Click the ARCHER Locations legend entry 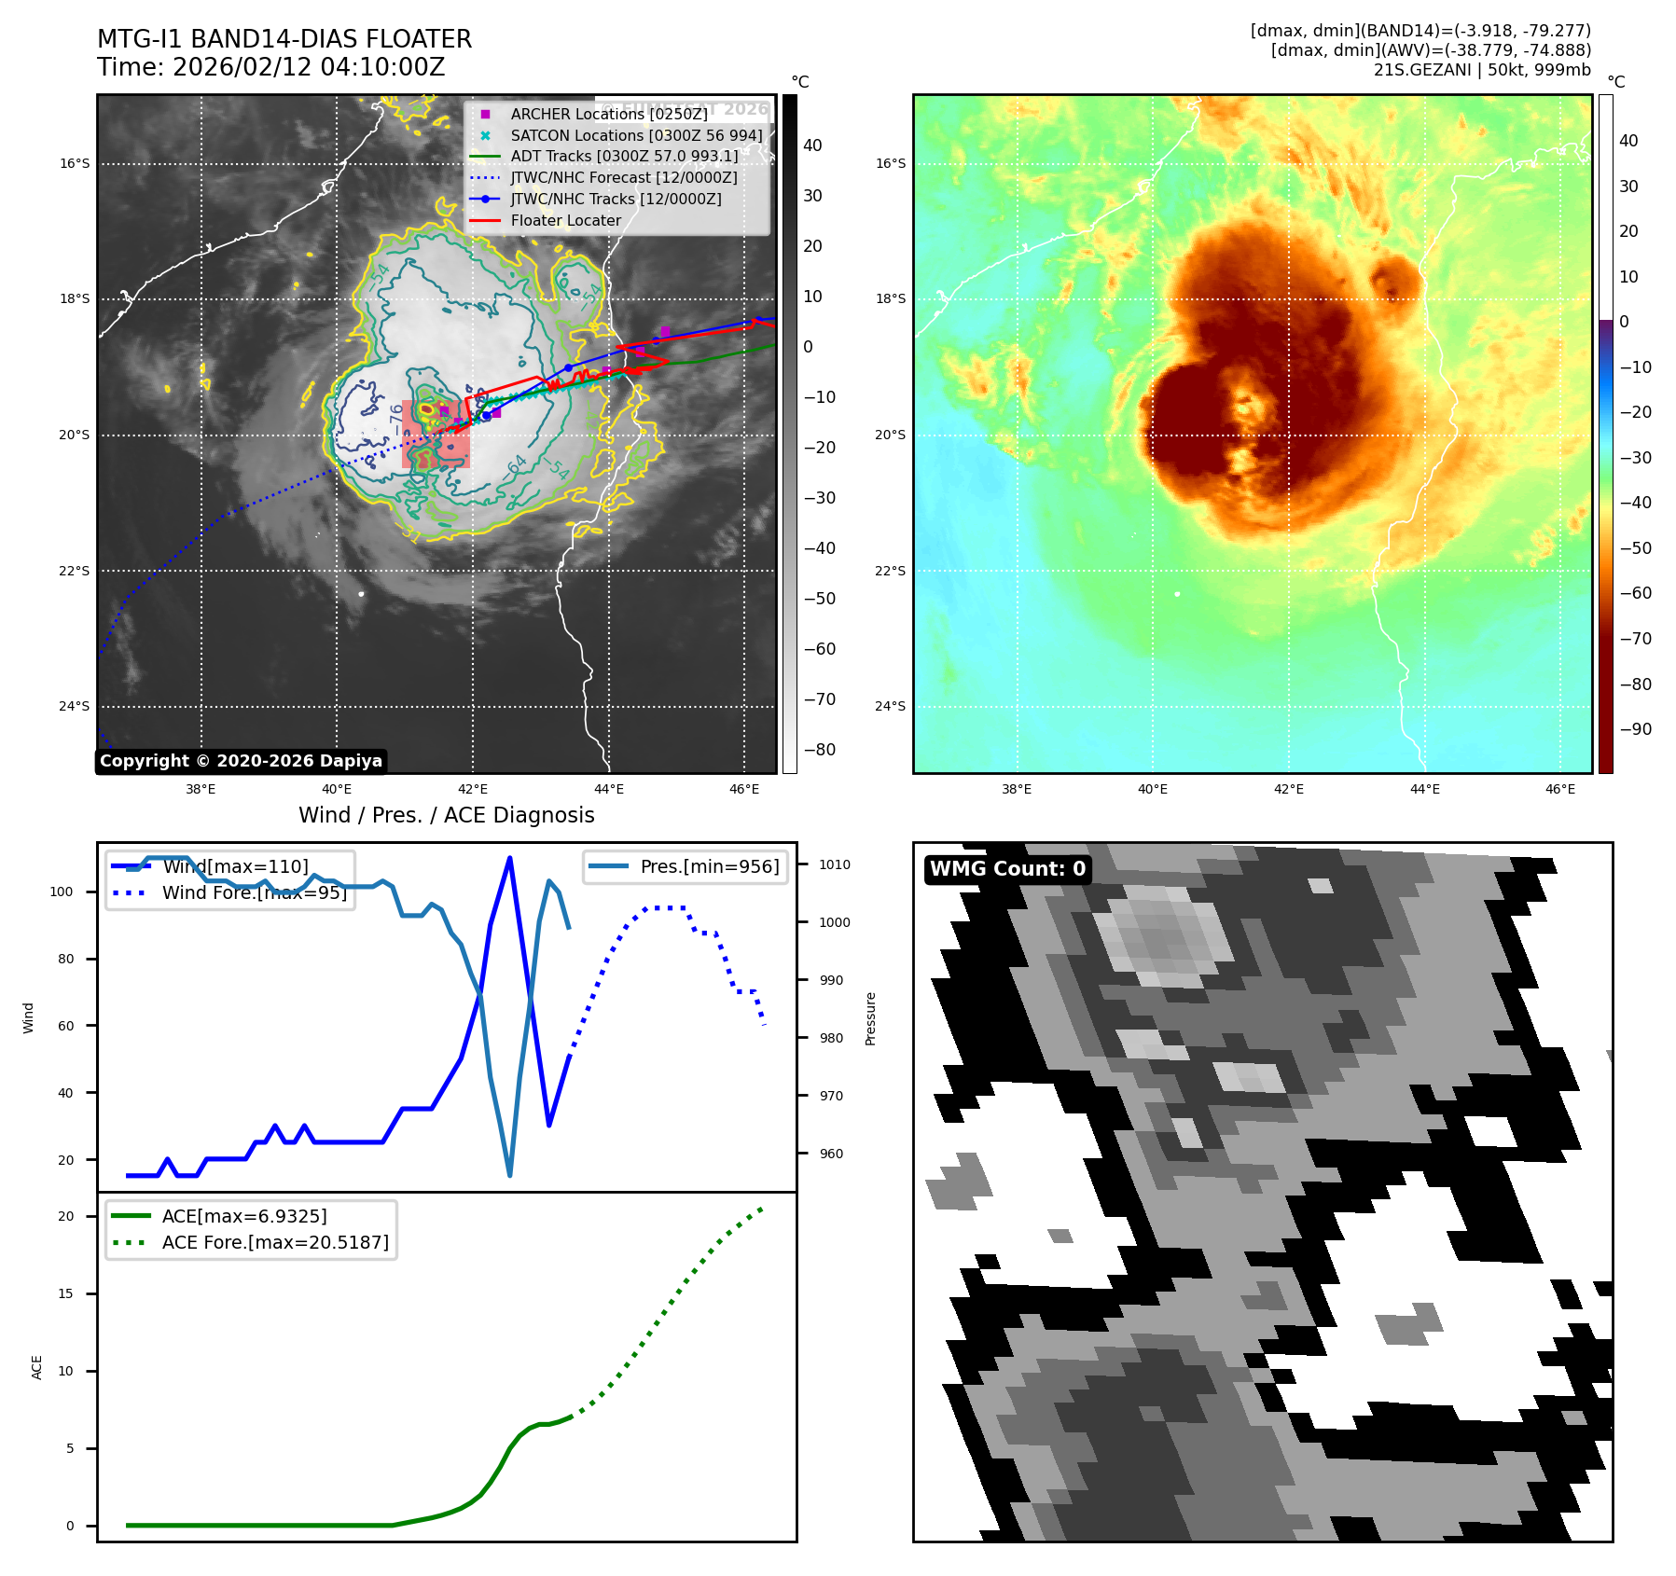click(x=608, y=114)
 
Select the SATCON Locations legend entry click(x=636, y=135)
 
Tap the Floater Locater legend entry click(x=565, y=221)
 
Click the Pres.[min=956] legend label click(x=709, y=866)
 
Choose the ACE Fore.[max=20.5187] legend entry click(x=275, y=1242)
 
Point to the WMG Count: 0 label click(x=1007, y=869)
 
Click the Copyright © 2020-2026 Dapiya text click(x=241, y=761)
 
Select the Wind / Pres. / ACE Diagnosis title click(x=446, y=815)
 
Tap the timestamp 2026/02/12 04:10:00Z click(x=309, y=68)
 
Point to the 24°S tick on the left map click(x=75, y=706)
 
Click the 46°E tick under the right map click(x=1559, y=789)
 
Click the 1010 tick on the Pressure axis click(x=834, y=864)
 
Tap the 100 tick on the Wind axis click(x=62, y=892)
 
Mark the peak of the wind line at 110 click(x=509, y=858)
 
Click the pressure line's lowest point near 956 click(x=509, y=1175)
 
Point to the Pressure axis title click(x=870, y=1018)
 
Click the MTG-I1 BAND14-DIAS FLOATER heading click(x=284, y=39)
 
